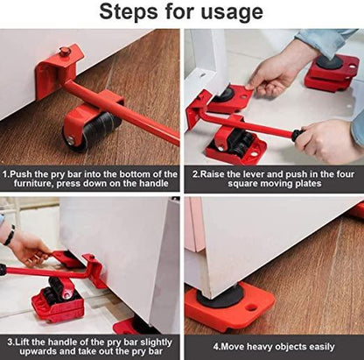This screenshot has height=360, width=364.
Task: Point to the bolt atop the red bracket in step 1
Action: (65, 52)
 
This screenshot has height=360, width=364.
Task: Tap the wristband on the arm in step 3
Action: (9, 235)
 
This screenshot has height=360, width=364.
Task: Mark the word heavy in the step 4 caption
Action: (256, 347)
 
